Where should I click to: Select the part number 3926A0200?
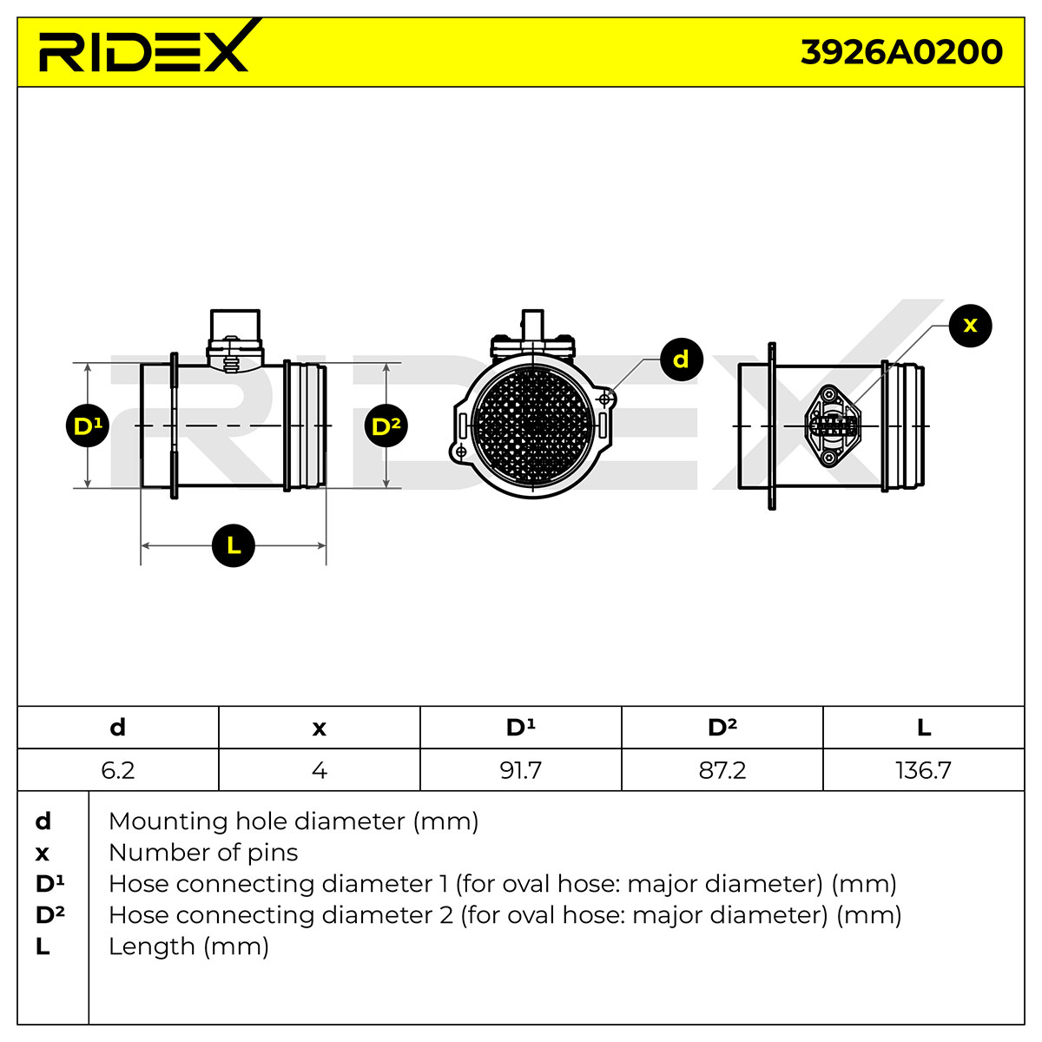click(x=900, y=52)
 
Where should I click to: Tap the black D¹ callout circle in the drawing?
click(x=88, y=425)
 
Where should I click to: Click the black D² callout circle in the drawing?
click(x=386, y=425)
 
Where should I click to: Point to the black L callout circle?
click(x=234, y=545)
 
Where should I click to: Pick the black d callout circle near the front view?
click(x=682, y=359)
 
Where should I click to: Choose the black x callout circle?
click(x=971, y=326)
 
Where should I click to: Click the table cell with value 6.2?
click(x=118, y=770)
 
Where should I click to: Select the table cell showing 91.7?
click(x=521, y=770)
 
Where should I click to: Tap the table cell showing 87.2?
click(x=722, y=770)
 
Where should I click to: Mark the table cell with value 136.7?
click(x=924, y=770)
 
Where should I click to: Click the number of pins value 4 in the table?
click(x=320, y=770)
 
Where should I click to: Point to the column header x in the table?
click(x=320, y=728)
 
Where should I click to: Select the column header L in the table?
click(x=924, y=728)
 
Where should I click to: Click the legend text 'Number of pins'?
click(x=203, y=853)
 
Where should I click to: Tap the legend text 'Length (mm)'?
click(x=188, y=946)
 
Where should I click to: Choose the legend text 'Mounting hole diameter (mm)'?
click(x=293, y=821)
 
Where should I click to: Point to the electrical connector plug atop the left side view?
click(x=235, y=340)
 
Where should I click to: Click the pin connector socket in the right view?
click(x=832, y=426)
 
